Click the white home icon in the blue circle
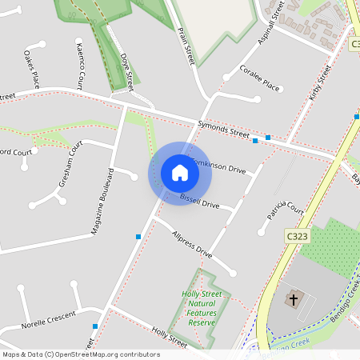point(180,173)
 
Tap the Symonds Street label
point(223,129)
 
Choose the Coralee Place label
point(260,78)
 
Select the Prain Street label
point(186,45)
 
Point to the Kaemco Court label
point(80,64)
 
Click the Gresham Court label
point(71,163)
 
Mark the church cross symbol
point(294,301)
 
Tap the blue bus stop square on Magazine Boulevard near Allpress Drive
point(138,237)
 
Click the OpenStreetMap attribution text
point(81,354)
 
